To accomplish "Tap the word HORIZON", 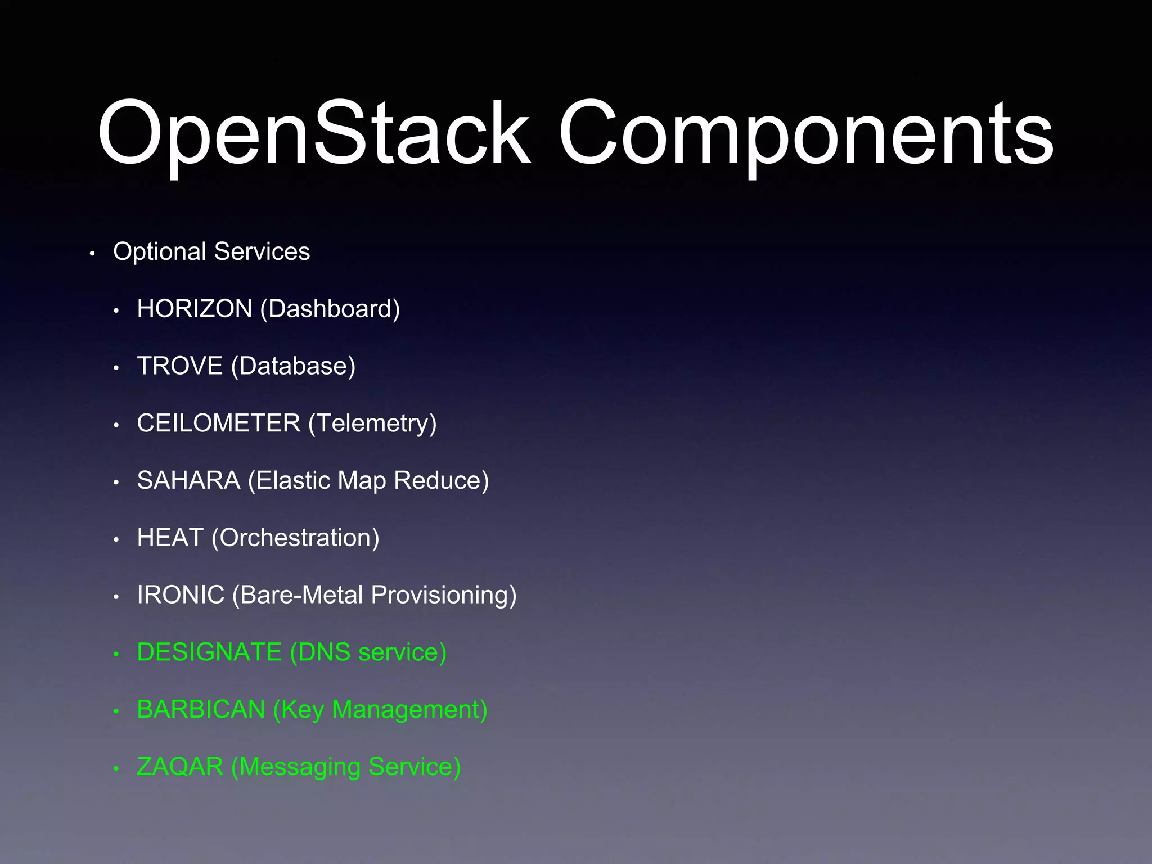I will (x=195, y=309).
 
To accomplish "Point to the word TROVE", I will (x=180, y=366).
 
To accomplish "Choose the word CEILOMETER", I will (x=219, y=423).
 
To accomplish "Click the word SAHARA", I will (x=188, y=480).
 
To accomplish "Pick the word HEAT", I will (x=170, y=538).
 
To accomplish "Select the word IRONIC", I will (x=181, y=595).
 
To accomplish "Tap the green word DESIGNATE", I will (x=209, y=652).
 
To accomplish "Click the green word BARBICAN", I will (x=201, y=709).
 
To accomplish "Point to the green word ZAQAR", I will (x=180, y=767).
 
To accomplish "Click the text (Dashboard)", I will (x=330, y=309).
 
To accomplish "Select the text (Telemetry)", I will (x=372, y=424).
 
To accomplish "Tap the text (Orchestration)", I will (x=295, y=538).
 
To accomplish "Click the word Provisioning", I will (x=443, y=595).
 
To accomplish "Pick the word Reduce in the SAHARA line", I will (x=441, y=480).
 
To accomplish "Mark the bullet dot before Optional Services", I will (x=92, y=254).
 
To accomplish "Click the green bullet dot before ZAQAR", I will (x=116, y=769).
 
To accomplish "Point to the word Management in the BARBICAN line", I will (x=409, y=710).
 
